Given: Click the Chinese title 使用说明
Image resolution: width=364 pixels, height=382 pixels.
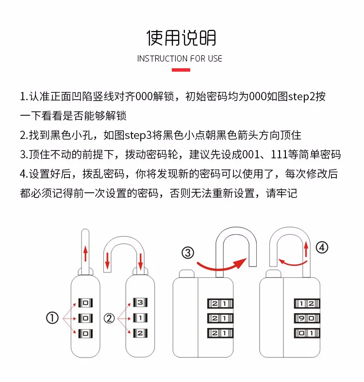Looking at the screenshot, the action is tap(181, 38).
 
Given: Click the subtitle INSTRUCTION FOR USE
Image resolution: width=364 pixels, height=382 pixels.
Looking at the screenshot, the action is tap(180, 59).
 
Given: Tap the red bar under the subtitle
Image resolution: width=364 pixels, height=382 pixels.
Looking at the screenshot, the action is tap(181, 70).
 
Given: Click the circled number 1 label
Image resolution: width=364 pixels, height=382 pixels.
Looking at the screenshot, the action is tap(52, 318).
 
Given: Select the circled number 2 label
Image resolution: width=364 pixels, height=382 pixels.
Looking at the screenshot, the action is tap(109, 318).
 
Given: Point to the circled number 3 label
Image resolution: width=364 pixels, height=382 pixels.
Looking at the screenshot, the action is tap(188, 253).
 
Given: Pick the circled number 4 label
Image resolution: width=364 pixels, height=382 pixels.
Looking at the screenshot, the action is tap(322, 247).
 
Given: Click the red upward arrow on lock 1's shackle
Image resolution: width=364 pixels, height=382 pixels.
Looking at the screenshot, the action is tap(85, 254).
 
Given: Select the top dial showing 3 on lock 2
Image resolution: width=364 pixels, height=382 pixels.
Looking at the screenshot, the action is tap(140, 303).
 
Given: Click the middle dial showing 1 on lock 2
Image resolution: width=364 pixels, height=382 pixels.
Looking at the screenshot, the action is tap(140, 318).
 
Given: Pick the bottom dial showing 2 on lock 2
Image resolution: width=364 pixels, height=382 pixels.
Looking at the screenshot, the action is tap(140, 333).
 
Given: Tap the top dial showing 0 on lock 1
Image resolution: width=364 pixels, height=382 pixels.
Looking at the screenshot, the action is tap(85, 303).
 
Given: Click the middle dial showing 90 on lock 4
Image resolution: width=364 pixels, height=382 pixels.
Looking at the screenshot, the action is tap(307, 318).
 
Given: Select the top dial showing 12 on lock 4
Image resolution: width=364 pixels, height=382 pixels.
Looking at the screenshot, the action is tap(307, 304).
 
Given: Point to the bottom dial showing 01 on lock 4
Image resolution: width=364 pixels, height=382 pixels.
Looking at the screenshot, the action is tap(307, 333).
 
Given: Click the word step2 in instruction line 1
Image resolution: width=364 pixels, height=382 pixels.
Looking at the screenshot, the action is tap(302, 97).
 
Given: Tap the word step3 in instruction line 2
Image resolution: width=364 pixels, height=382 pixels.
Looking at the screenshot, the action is tap(138, 136).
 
